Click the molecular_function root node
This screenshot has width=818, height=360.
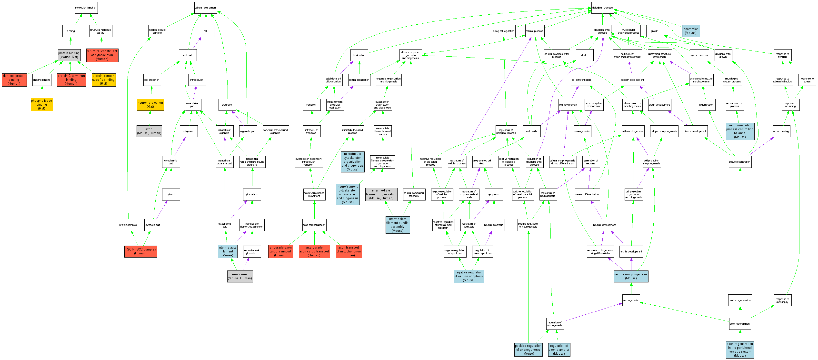click(x=86, y=8)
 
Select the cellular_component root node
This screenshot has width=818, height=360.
click(x=205, y=8)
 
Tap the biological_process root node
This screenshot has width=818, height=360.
click(x=602, y=8)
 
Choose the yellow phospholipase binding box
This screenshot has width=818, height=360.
click(x=42, y=104)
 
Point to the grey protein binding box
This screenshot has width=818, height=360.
click(x=69, y=55)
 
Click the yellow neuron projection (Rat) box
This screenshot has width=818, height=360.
click(x=150, y=104)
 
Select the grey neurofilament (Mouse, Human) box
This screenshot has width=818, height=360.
click(x=240, y=276)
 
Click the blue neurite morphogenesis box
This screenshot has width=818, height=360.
click(x=631, y=276)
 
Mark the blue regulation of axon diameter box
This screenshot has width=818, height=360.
click(x=559, y=350)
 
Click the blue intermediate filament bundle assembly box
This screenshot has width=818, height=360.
click(x=397, y=225)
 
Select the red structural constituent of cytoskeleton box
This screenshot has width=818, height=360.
click(x=102, y=55)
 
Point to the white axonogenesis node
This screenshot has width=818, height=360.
click(x=631, y=300)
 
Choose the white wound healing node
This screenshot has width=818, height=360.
click(x=781, y=131)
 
